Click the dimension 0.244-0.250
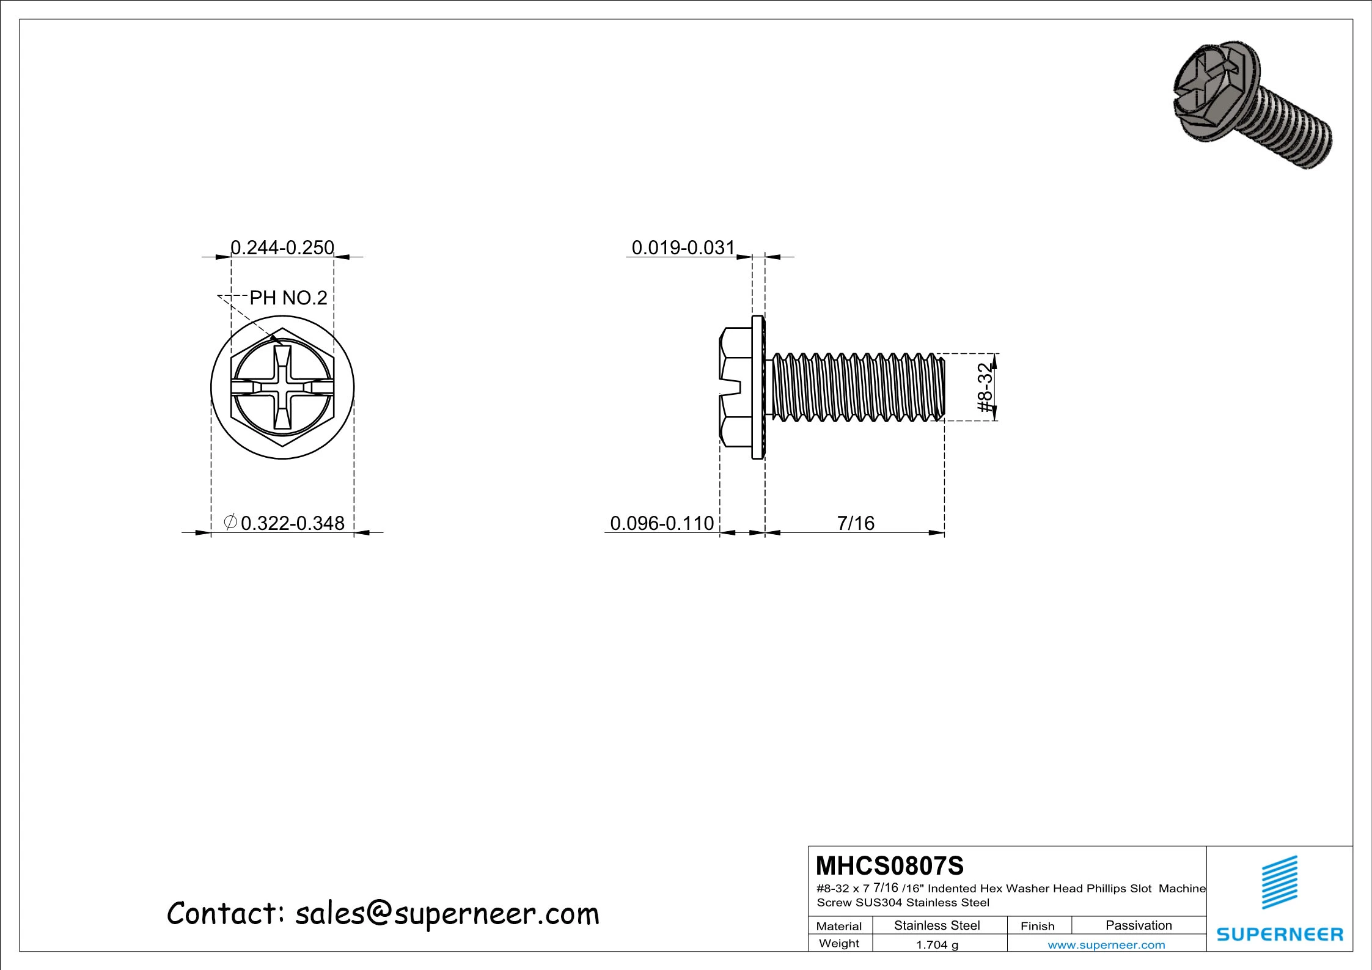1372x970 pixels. click(282, 248)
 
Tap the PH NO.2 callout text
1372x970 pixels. click(288, 298)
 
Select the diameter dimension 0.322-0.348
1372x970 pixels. click(292, 523)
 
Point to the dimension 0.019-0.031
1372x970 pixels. click(683, 248)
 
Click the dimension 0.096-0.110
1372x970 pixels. click(662, 523)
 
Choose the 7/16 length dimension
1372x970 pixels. click(855, 523)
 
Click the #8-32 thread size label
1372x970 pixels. click(985, 388)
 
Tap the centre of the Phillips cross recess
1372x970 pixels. click(282, 387)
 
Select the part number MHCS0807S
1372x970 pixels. click(889, 866)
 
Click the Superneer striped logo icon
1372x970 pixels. click(1280, 883)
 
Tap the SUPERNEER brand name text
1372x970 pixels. click(1280, 934)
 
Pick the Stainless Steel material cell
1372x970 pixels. click(936, 925)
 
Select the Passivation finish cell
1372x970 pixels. click(1139, 925)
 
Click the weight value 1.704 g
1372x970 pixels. click(936, 945)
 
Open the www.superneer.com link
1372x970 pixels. click(1106, 945)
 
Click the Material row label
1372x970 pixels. click(838, 926)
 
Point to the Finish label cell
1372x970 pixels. click(1037, 926)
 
